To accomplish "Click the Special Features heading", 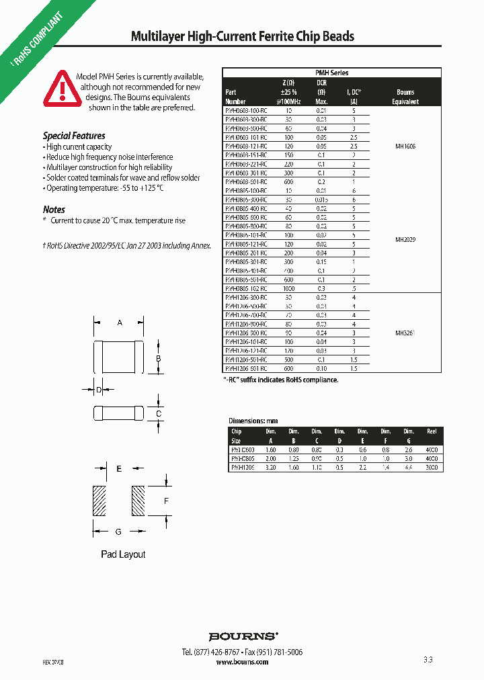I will pos(74,136).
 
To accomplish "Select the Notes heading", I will pos(54,210).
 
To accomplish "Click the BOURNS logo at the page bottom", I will pos(243,636).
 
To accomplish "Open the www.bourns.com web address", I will pos(242,662).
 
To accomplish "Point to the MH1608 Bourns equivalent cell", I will pos(405,145).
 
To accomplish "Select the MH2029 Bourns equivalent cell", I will pos(405,239).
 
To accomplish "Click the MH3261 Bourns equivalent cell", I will pos(405,333).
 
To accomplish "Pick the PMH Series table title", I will pos(331,73).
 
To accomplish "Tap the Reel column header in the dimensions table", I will pos(432,431).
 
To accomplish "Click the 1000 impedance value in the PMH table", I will pos(289,288).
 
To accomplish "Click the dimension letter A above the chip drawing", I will pos(120,323).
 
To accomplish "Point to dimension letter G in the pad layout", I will pos(118,532).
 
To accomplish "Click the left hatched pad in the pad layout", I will pos(98,500).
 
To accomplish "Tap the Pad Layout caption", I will pos(123,554).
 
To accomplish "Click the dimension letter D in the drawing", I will pos(99,390).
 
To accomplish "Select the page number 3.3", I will pos(428,661).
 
